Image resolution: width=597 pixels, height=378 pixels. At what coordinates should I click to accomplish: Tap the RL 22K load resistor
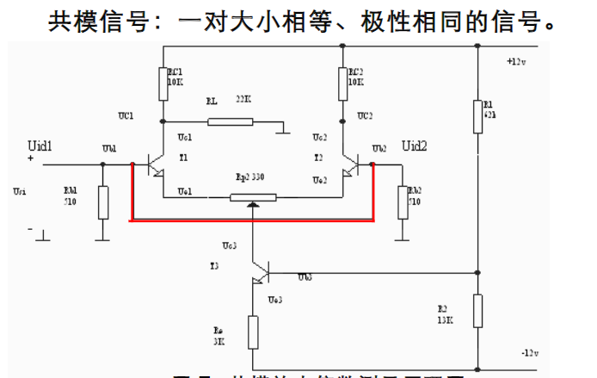231,121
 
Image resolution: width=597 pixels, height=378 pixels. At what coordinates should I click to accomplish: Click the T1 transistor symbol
155,164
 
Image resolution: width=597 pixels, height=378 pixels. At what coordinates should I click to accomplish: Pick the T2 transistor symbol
352,164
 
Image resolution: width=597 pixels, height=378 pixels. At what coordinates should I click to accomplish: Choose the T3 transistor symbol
259,273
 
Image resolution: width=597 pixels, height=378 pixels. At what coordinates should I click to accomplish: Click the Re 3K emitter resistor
253,332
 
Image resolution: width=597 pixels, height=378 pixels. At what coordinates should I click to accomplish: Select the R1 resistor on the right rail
477,115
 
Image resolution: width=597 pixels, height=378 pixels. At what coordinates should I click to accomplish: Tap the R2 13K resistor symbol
477,311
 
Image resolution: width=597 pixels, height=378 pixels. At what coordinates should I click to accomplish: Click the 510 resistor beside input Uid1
103,202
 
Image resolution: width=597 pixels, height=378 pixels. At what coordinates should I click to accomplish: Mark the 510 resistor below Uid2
400,201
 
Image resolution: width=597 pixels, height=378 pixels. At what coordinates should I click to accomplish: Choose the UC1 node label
126,115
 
